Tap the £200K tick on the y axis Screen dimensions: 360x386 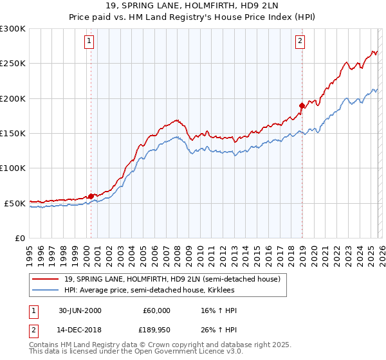(x=12, y=98)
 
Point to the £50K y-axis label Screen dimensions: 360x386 (x=14, y=203)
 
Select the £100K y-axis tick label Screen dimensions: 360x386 (x=12, y=168)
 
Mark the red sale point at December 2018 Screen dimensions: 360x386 (x=302, y=105)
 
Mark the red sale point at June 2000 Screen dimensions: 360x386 (x=91, y=196)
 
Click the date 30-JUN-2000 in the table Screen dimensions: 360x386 (x=80, y=310)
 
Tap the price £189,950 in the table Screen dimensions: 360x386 (x=156, y=331)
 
